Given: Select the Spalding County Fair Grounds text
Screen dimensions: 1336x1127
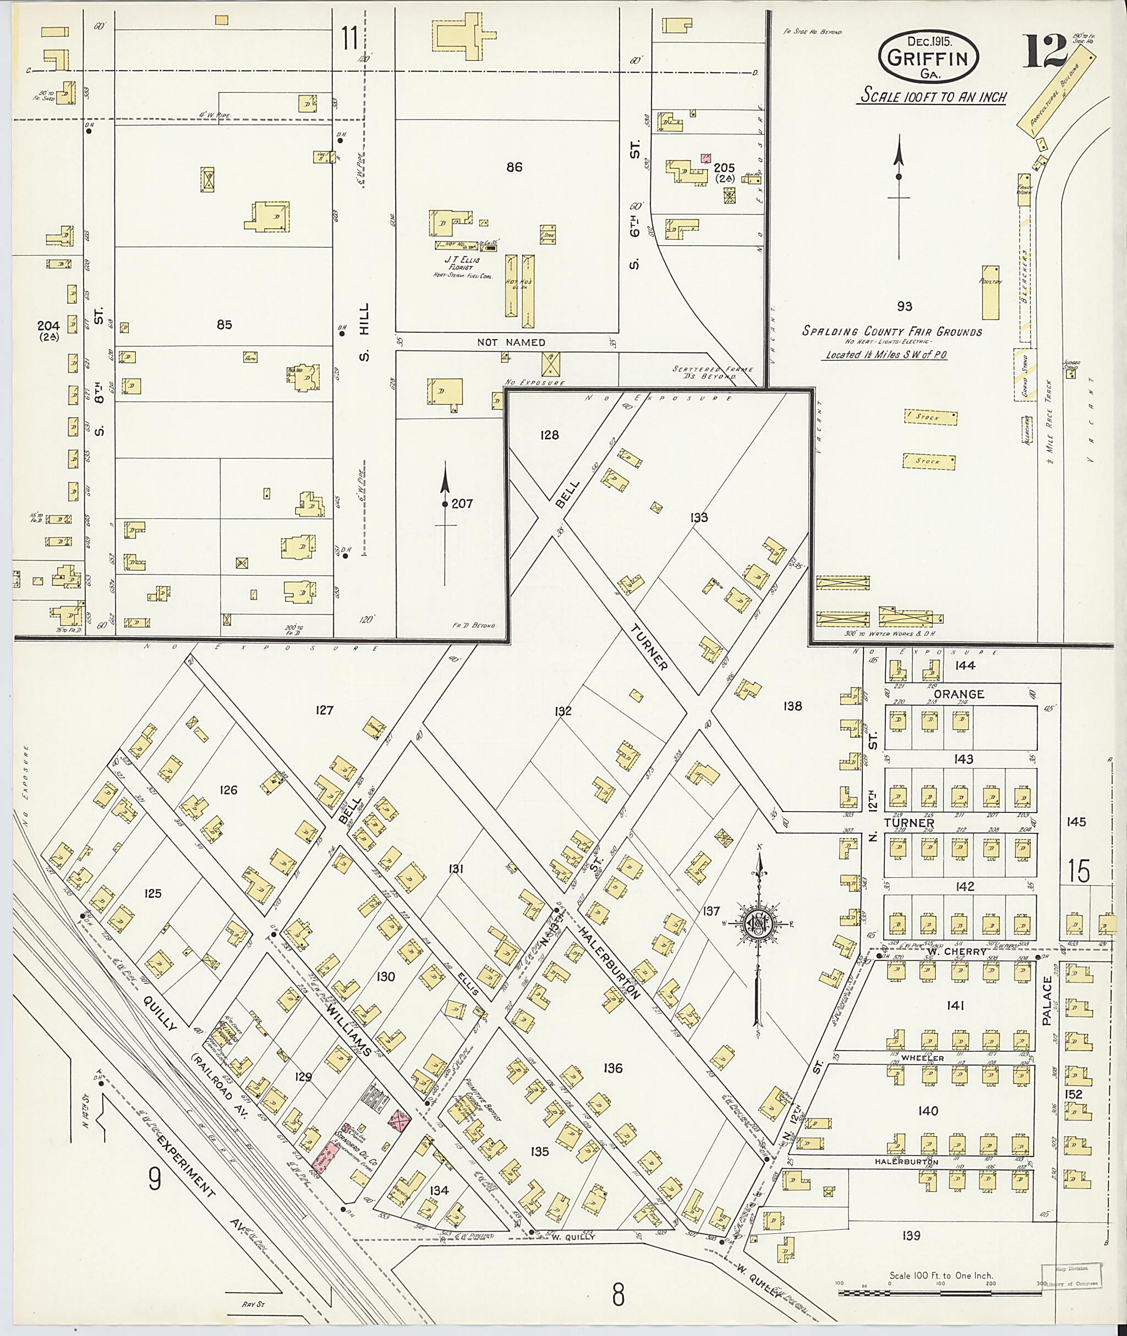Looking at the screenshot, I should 893,332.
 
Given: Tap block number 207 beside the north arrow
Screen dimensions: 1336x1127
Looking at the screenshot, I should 462,503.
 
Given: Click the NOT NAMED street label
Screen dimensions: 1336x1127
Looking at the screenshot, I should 511,342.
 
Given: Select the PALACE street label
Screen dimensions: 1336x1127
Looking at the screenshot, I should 1047,1009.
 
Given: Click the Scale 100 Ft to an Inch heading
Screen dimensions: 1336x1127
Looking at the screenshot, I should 932,97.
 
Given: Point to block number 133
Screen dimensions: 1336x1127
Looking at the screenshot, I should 699,517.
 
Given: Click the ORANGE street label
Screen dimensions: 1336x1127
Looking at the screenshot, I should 958,694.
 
